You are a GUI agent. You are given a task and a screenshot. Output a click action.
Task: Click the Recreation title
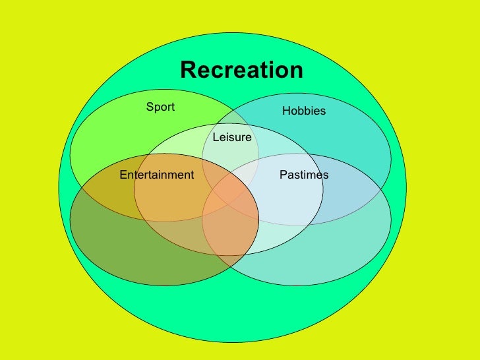click(x=241, y=70)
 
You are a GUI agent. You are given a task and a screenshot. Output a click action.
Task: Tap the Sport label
click(x=160, y=107)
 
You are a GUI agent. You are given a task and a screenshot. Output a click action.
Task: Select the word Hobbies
click(x=304, y=111)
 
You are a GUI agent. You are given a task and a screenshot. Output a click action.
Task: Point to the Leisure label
click(x=231, y=137)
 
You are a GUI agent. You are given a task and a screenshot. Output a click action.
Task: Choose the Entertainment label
click(x=157, y=175)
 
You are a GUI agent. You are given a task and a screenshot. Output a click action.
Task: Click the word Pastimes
click(x=304, y=175)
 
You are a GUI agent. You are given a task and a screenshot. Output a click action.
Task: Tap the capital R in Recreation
click(x=189, y=70)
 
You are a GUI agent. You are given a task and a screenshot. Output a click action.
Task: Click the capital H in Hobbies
click(x=286, y=111)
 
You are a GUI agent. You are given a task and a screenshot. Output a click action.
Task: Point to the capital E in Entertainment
click(x=123, y=175)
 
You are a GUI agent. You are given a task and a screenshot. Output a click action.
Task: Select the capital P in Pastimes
click(x=283, y=175)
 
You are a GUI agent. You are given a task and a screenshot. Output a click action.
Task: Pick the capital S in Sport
click(x=150, y=107)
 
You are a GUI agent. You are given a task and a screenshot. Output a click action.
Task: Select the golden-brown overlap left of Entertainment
click(x=105, y=191)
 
